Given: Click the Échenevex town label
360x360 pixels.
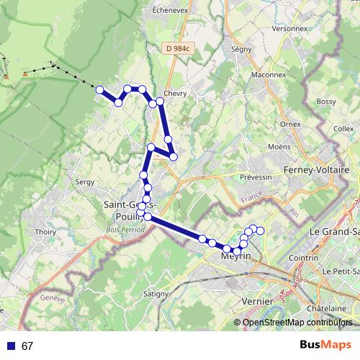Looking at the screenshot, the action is [x=170, y=12].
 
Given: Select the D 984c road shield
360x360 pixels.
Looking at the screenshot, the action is [x=176, y=49].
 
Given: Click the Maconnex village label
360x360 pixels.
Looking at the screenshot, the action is [x=269, y=75].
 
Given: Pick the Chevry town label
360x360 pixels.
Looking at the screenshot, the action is [x=175, y=93].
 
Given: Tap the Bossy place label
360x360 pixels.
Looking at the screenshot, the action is [x=326, y=102].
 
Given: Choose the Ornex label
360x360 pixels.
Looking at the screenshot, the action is [x=290, y=124].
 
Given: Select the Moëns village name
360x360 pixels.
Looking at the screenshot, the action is [x=279, y=147].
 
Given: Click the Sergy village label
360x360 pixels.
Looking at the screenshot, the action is [x=85, y=183].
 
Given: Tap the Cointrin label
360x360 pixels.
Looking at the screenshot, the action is [x=303, y=257].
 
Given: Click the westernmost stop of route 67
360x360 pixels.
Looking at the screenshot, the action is [x=100, y=90].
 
